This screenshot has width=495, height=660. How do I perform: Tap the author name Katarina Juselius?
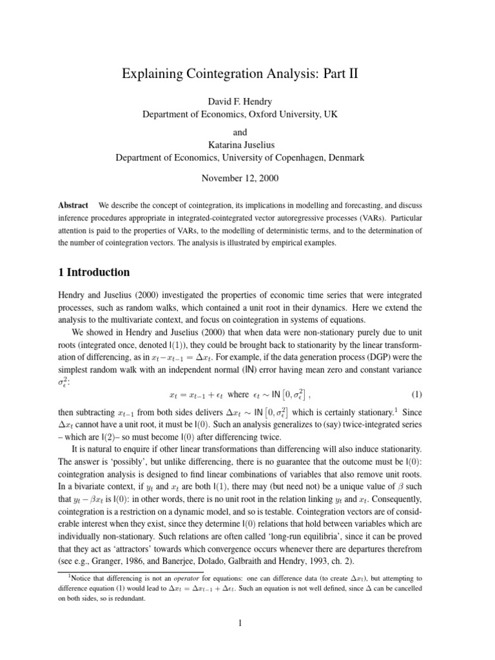click(247, 144)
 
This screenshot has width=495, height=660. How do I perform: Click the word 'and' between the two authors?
click(247, 131)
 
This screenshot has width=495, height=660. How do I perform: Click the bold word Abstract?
click(73, 205)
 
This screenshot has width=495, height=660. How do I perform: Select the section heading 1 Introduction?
click(94, 272)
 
